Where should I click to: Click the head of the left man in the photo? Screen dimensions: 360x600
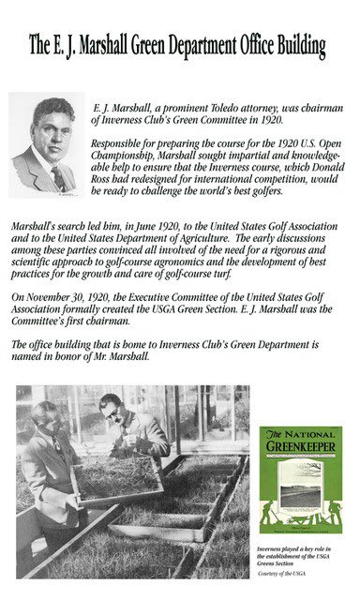(x=47, y=416)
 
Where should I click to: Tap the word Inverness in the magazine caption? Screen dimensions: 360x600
(x=276, y=546)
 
